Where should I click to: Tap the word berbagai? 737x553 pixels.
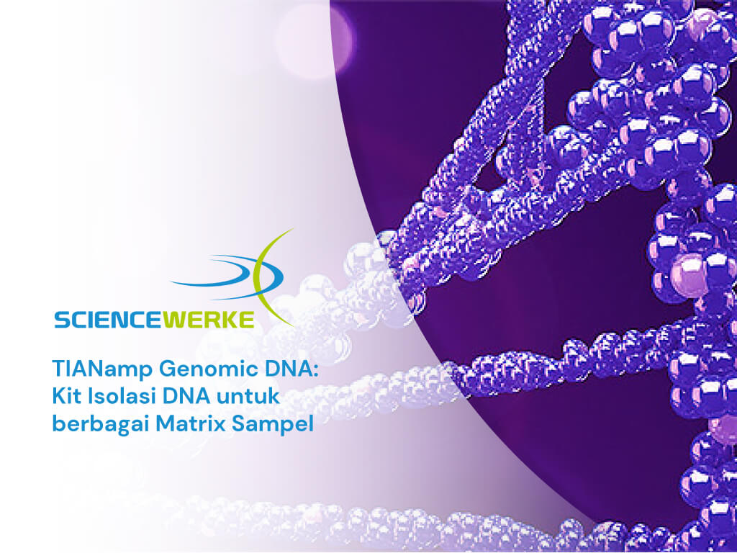tap(101, 425)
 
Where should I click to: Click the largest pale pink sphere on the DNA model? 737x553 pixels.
tap(689, 276)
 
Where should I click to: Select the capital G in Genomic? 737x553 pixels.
tap(168, 369)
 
